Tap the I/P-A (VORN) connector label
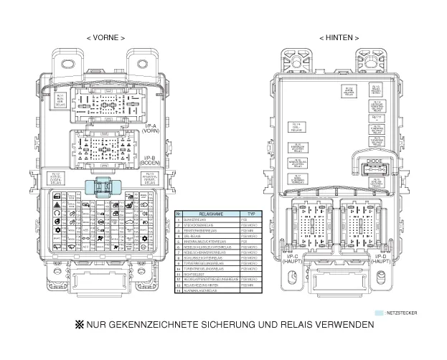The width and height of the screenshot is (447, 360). point(151,128)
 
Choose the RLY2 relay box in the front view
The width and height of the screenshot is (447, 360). point(57,179)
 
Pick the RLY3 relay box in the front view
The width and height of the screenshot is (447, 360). point(150,179)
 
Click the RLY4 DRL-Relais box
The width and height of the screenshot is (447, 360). point(297,127)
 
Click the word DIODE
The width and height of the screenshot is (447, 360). point(375,161)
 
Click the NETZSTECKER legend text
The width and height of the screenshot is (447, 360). point(402,313)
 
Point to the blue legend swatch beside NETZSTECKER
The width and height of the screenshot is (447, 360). point(380,313)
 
